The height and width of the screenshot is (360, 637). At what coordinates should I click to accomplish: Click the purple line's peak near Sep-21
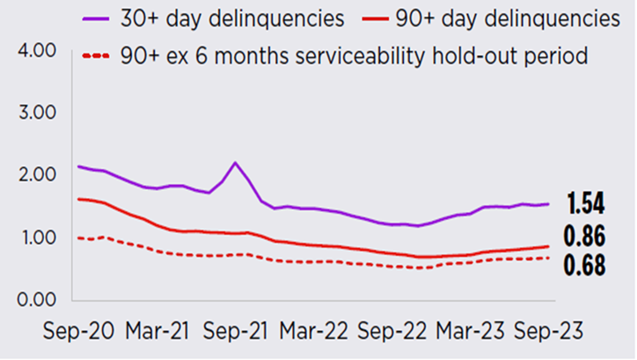coord(235,163)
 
